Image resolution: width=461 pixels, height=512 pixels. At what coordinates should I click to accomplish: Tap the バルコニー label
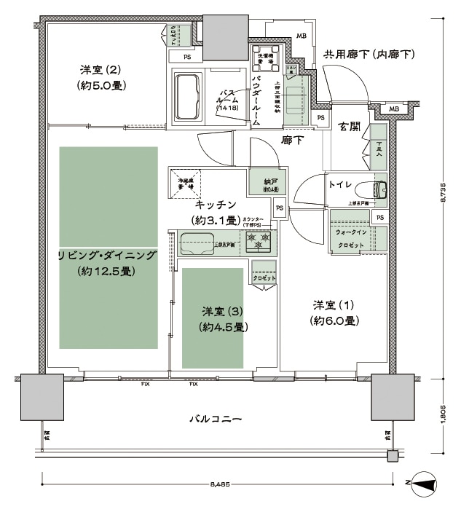tap(216, 420)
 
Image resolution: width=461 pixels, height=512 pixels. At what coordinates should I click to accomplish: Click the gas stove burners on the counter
tap(259, 239)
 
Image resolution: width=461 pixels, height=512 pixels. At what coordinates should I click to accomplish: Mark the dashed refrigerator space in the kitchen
tap(187, 183)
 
